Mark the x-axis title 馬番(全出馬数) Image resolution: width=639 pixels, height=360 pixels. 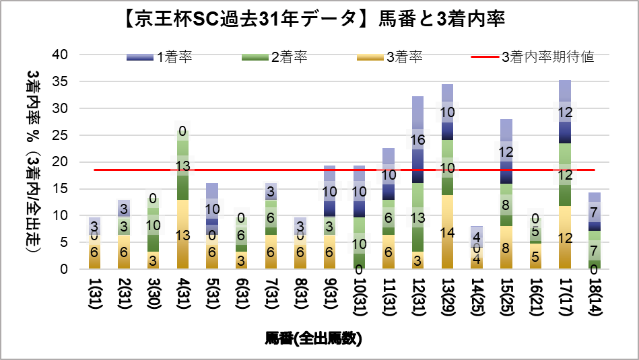click(x=314, y=338)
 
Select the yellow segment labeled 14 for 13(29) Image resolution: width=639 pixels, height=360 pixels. click(x=447, y=232)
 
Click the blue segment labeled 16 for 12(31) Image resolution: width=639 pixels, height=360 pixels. click(x=417, y=140)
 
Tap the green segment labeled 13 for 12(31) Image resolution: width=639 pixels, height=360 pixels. click(x=417, y=217)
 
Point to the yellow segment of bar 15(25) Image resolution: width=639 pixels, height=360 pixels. click(x=506, y=248)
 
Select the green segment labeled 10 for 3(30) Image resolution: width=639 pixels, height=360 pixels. click(x=154, y=225)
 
